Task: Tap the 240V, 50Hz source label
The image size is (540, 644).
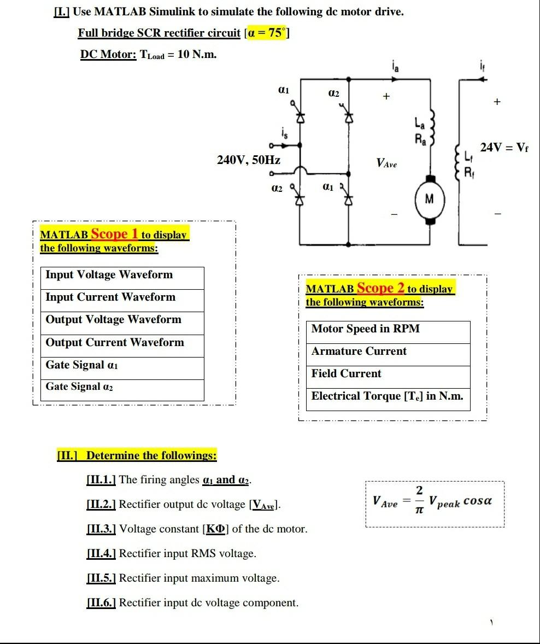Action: coord(249,160)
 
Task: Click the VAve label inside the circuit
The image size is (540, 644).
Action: coord(386,163)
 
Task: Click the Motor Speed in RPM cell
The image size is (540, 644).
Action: coord(365,329)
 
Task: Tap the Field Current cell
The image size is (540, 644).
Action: coord(346,374)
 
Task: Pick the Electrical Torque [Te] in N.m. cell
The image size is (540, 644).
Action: coord(387,396)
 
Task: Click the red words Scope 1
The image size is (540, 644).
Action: coord(114,234)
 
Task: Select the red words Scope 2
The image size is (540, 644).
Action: coord(380,288)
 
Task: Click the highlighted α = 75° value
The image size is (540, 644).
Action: coord(268,33)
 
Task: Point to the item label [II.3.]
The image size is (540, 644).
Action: coord(101,529)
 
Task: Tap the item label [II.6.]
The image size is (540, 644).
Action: coord(101,603)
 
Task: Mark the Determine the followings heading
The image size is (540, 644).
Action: coord(151,455)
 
